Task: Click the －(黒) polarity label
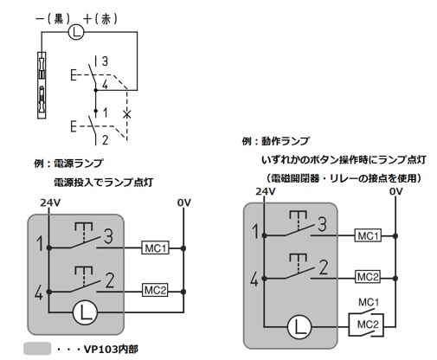(53, 19)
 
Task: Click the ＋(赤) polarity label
(100, 19)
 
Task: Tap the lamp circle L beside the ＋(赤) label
(76, 32)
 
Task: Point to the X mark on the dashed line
(126, 114)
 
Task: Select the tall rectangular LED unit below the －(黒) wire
(42, 86)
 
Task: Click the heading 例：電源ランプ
(68, 164)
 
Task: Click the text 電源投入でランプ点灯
(103, 183)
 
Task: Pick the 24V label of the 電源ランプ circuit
(50, 202)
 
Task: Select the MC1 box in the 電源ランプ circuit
(155, 248)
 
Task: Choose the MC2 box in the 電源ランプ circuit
(155, 290)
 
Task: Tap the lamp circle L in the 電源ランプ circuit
(85, 312)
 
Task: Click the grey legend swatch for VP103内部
(37, 349)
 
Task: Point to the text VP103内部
(111, 350)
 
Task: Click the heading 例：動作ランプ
(275, 141)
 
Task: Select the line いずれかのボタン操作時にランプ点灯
(344, 160)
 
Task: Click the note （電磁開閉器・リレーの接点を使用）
(344, 178)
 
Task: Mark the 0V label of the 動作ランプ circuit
(395, 191)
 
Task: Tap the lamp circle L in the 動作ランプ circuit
(299, 327)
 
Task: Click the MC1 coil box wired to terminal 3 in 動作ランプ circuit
(368, 235)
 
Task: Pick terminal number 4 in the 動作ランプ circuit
(254, 280)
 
